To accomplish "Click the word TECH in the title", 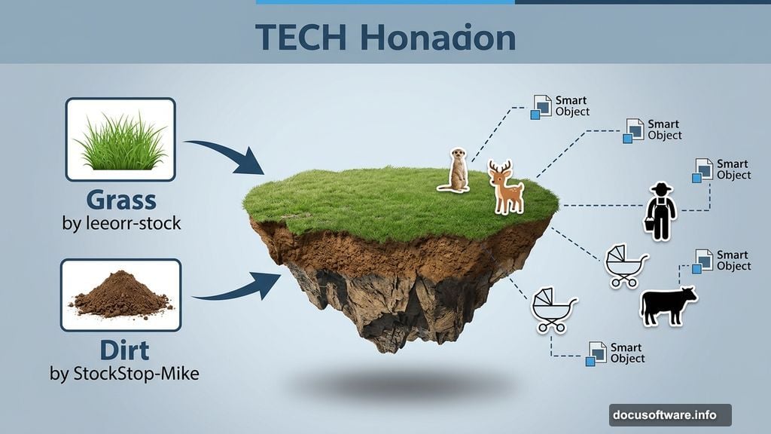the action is pyautogui.click(x=301, y=38).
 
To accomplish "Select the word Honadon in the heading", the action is pyautogui.click(x=438, y=38).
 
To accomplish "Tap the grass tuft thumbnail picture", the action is pyautogui.click(x=120, y=139).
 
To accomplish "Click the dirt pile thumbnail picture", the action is pyautogui.click(x=121, y=295).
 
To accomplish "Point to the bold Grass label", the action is pyautogui.click(x=121, y=200).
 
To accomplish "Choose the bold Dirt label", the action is pyautogui.click(x=124, y=350).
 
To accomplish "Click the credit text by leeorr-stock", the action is pyautogui.click(x=121, y=223).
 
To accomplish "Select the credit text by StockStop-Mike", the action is pyautogui.click(x=124, y=374).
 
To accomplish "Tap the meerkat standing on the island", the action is pyautogui.click(x=455, y=170).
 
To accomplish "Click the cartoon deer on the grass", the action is pyautogui.click(x=505, y=188).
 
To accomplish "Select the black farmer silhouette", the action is pyautogui.click(x=660, y=212).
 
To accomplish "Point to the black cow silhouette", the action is pyautogui.click(x=668, y=306).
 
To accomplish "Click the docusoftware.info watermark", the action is pyautogui.click(x=670, y=415).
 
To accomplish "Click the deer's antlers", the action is pyautogui.click(x=500, y=167).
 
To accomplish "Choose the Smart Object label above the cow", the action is pyautogui.click(x=733, y=261).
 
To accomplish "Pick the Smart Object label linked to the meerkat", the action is pyautogui.click(x=572, y=106).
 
